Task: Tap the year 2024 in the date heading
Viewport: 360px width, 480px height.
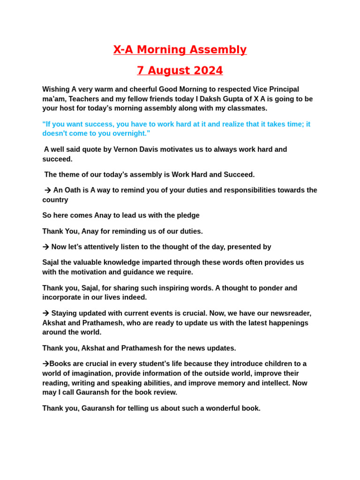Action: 207,71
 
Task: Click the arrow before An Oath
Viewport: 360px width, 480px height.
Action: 47,190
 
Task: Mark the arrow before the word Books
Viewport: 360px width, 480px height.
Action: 45,364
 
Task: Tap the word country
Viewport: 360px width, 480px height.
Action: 55,200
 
